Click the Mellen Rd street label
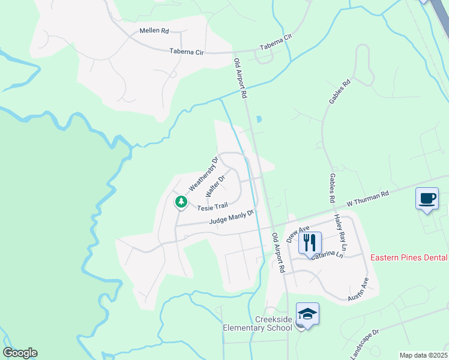tap(154, 30)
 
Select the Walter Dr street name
tap(215, 186)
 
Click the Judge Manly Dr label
tap(232, 217)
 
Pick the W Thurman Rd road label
tap(368, 199)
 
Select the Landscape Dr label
tap(364, 344)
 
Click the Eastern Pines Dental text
tap(409, 257)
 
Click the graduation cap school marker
tap(307, 314)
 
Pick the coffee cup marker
tap(427, 199)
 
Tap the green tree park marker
tap(181, 202)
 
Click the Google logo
tap(20, 353)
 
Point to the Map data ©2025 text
tap(424, 355)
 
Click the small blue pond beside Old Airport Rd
tap(259, 119)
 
